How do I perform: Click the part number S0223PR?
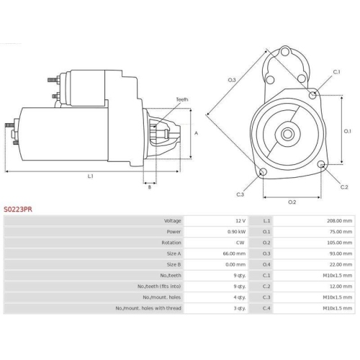click(18, 210)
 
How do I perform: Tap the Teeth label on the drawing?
click(182, 99)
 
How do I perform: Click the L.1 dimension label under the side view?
click(90, 176)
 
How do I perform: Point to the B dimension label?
click(150, 187)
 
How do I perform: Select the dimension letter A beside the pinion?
click(196, 133)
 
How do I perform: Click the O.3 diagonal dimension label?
click(232, 80)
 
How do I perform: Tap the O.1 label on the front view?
click(347, 131)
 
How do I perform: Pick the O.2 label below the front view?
click(292, 202)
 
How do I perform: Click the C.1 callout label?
click(336, 72)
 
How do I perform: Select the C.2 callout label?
click(344, 187)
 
